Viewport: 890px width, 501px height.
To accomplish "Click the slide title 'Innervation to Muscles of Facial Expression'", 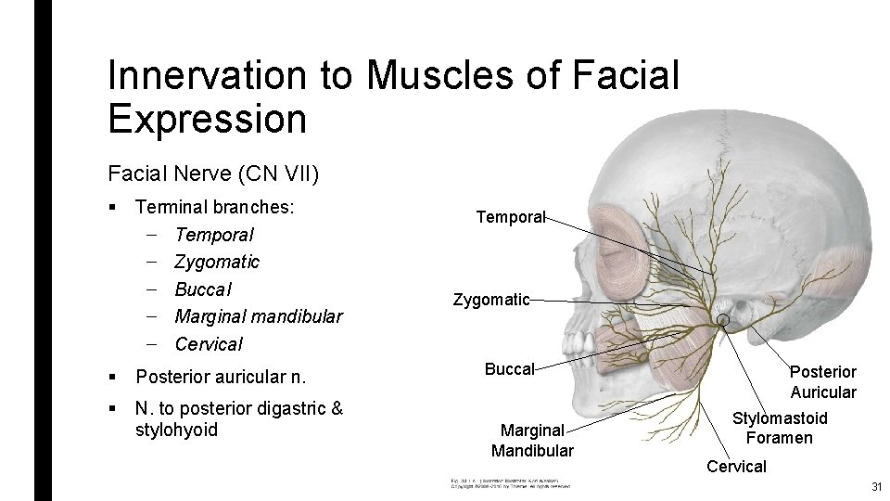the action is [393, 96].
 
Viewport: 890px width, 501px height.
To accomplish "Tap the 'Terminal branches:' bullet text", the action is [215, 207].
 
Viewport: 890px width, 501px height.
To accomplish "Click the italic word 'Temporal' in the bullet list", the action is [213, 235].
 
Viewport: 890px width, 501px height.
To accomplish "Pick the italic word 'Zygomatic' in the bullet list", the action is [217, 262].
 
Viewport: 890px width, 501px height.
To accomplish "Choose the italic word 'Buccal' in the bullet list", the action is [203, 289].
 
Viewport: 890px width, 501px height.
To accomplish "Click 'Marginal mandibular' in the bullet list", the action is [258, 316].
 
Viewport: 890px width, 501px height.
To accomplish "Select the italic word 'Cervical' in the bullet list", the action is [209, 343].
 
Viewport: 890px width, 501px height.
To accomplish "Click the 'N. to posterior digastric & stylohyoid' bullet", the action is [238, 418].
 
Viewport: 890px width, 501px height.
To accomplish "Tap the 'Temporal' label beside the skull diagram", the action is [510, 217].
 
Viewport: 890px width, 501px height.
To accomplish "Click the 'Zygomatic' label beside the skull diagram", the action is [491, 300].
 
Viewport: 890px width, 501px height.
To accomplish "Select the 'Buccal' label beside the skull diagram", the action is [509, 369].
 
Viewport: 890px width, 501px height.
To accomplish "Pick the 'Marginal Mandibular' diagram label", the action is [532, 441].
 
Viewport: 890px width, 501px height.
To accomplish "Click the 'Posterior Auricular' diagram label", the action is [822, 381].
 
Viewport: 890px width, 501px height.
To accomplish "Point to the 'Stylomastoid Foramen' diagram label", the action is [780, 429].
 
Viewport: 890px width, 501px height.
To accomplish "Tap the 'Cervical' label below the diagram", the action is [736, 467].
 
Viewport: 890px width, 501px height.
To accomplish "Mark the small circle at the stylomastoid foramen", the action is [724, 322].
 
